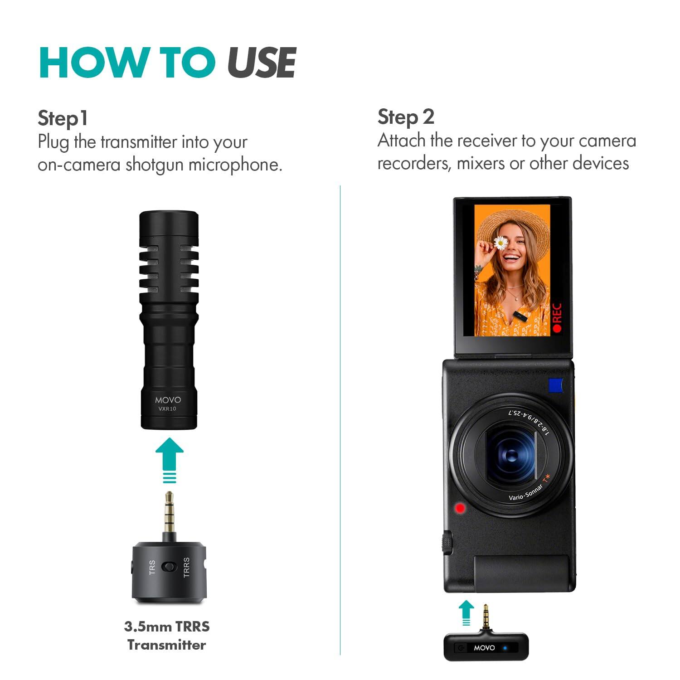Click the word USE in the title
262,63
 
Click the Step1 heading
63,118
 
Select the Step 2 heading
406,117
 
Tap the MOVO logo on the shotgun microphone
168,400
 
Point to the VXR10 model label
167,409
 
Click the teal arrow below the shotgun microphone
170,458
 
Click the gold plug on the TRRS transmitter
169,515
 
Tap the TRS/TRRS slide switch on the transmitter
169,567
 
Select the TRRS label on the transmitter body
186,567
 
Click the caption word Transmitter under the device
166,645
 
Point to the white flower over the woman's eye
500,243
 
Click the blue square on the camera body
555,385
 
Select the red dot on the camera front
460,508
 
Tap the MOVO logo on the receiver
484,648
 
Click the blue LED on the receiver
505,648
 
